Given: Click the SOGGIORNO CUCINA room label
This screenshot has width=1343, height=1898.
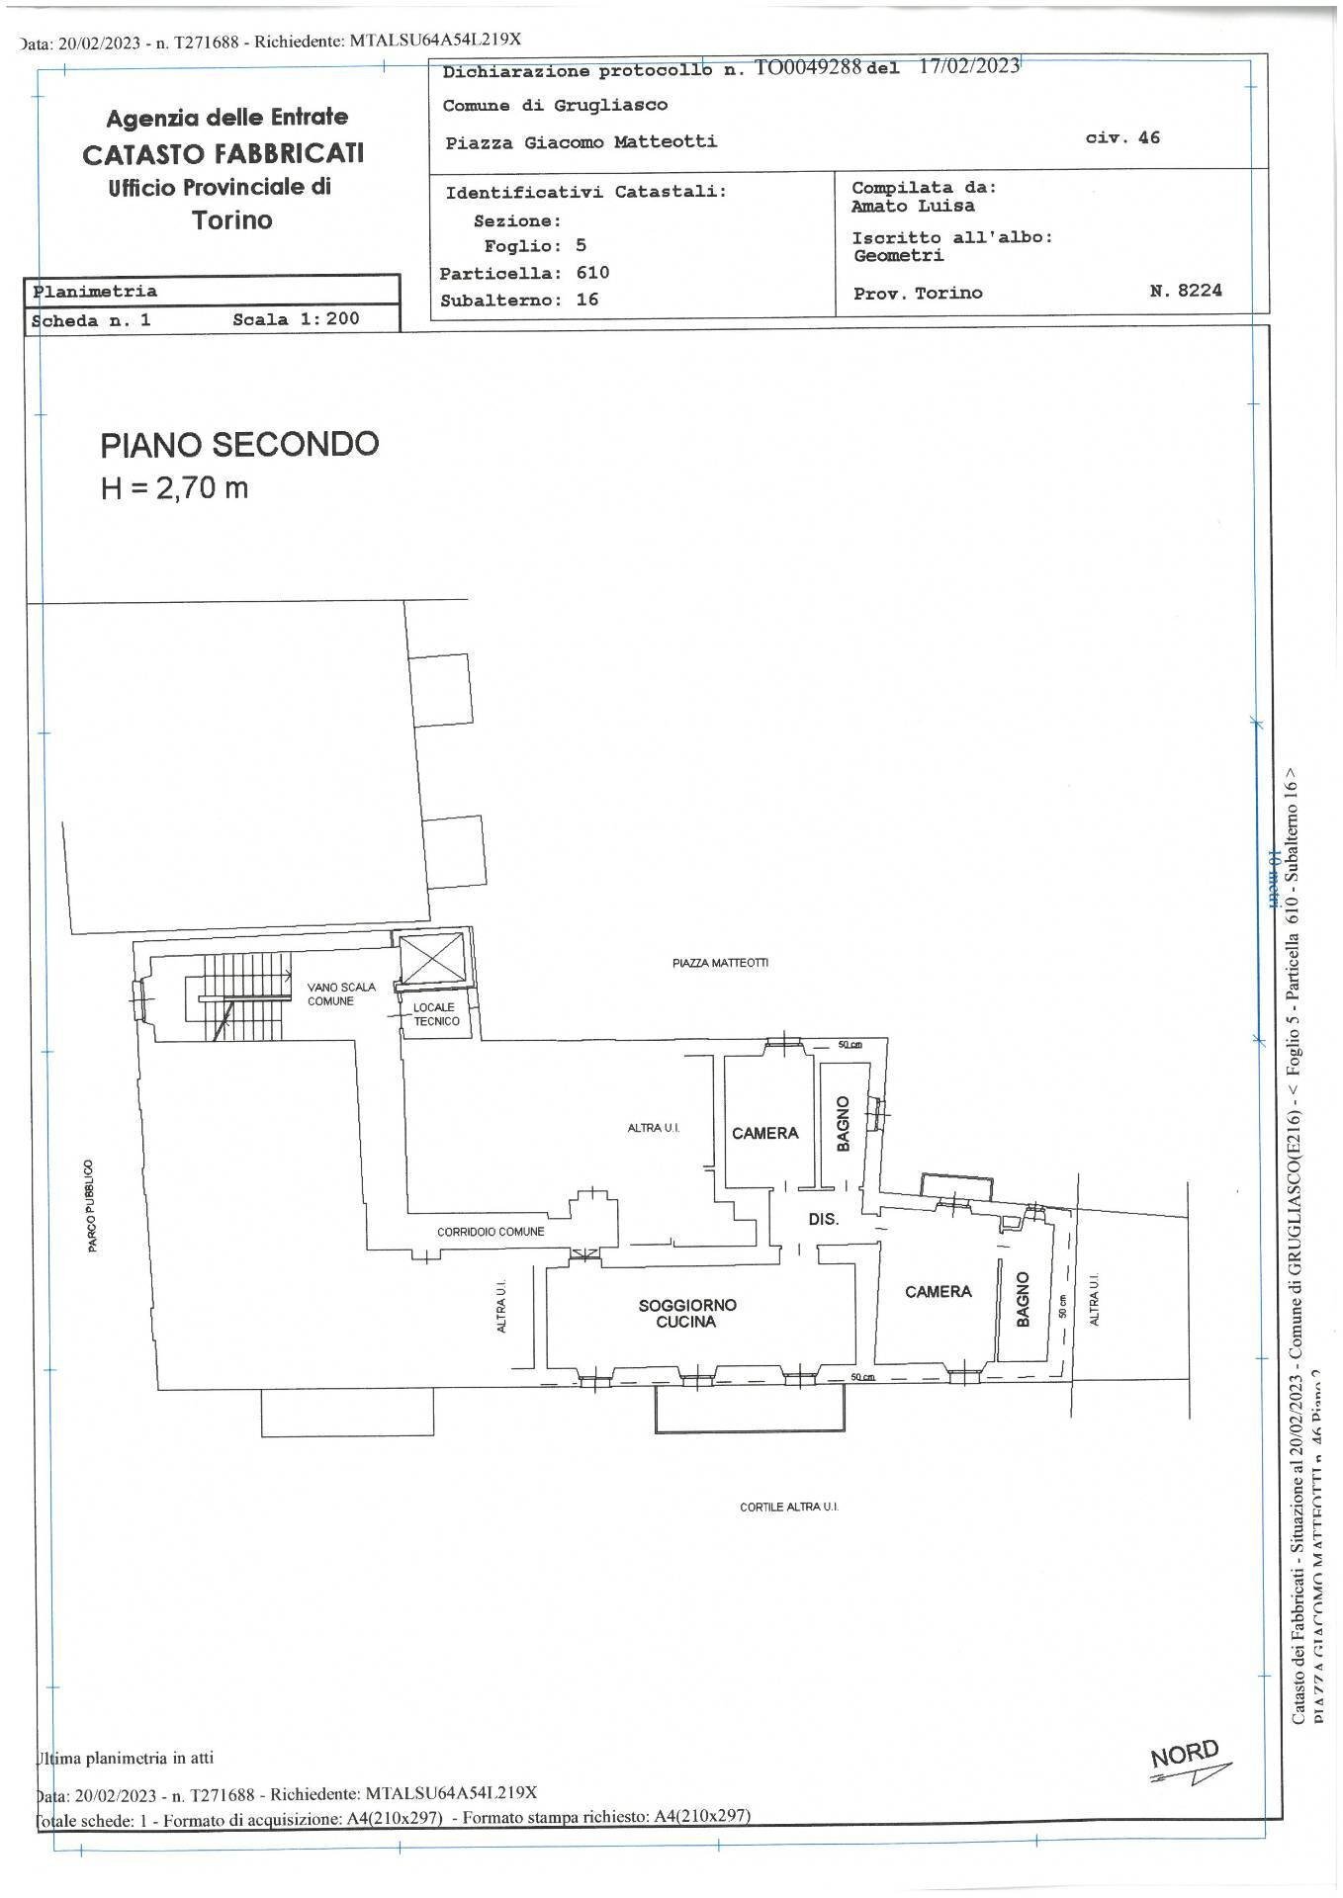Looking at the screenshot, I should pos(686,1313).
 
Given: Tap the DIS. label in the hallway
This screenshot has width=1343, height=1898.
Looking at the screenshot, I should pos(823,1219).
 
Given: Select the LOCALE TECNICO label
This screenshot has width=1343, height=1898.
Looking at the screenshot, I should pos(435,1014).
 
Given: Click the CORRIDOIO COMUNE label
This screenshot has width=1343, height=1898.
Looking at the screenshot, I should pos(491,1232).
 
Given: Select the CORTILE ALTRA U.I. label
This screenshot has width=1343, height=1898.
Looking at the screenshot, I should pos(788,1508).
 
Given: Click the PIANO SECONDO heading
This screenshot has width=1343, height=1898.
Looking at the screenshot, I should pos(239,444).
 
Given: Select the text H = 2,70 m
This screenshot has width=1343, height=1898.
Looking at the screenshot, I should pos(174,487).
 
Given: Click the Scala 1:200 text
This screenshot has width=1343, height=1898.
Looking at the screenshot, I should pos(296,319).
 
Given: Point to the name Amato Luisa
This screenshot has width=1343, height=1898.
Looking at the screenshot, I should pos(912,206).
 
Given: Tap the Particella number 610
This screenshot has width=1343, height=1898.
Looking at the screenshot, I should pos(592,272).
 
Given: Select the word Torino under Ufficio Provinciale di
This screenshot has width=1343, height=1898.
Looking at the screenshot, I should pos(232,219).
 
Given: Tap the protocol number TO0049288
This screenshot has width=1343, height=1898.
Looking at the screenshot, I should pos(809,67).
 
